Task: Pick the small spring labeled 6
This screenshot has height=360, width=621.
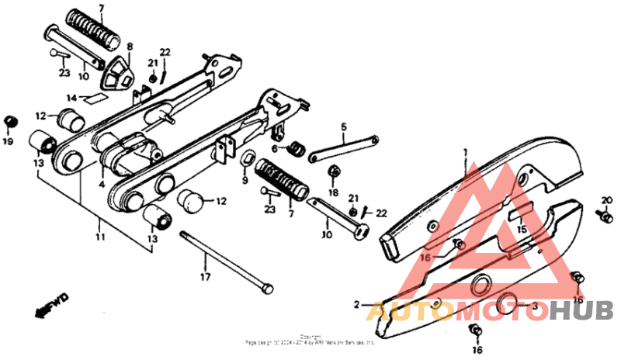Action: click(295, 148)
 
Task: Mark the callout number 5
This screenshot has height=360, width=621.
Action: click(344, 126)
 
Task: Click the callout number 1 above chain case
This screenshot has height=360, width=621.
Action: click(467, 151)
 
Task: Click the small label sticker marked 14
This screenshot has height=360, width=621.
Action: click(97, 99)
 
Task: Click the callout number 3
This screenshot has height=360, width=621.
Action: click(533, 306)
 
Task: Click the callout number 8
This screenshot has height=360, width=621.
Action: click(130, 46)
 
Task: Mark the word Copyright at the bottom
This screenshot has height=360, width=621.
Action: click(310, 336)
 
